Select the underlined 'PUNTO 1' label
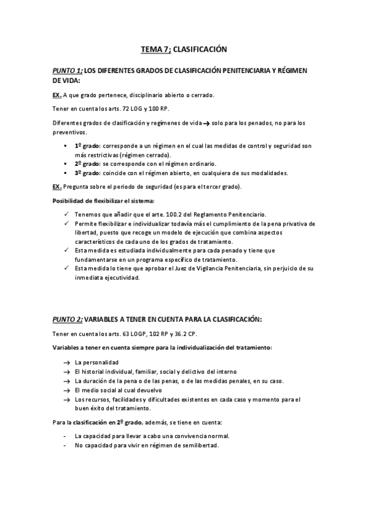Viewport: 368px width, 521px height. pyautogui.click(x=67, y=71)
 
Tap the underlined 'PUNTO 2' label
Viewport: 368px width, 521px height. pyautogui.click(x=67, y=319)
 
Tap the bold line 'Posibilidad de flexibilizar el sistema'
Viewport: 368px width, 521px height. pyautogui.click(x=103, y=201)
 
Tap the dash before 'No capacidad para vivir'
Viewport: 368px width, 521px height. pyautogui.click(x=65, y=445)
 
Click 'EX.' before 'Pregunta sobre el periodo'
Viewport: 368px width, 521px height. pyautogui.click(x=57, y=186)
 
